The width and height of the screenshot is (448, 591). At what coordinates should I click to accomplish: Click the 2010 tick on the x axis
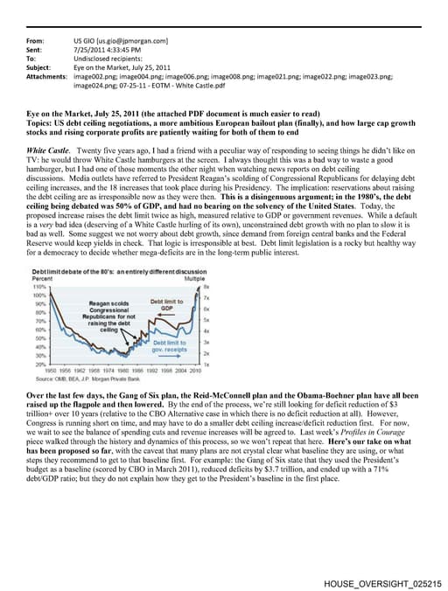click(x=196, y=370)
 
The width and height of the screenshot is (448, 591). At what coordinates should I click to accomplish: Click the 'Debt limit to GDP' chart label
click(x=166, y=305)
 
